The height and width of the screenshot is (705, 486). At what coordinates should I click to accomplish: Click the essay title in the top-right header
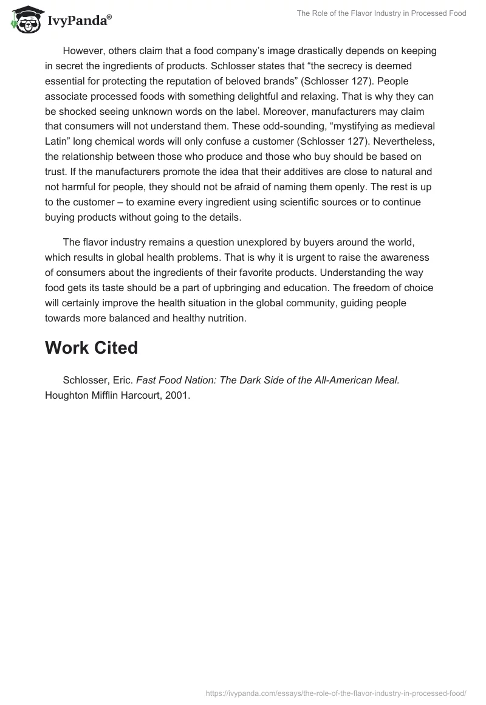381,13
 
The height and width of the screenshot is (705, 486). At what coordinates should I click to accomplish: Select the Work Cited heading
91,348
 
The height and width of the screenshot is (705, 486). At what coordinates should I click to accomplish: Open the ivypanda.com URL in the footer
335,693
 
